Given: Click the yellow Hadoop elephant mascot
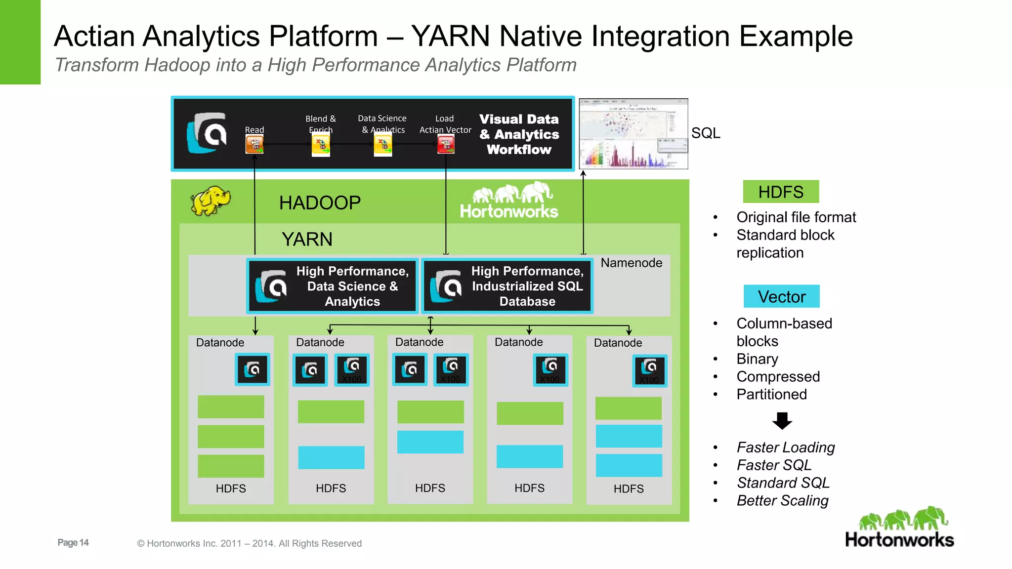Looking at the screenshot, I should click(211, 201).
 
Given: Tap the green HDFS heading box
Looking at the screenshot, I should click(781, 192).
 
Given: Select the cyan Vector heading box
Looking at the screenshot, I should click(781, 296).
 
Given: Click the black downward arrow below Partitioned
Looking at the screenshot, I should click(782, 421).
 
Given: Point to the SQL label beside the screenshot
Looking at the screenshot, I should click(705, 133).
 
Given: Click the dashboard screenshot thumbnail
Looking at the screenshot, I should click(633, 134).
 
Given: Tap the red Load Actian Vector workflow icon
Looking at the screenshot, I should click(446, 145).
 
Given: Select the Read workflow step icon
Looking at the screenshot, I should click(254, 145).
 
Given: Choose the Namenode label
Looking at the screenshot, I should click(631, 263).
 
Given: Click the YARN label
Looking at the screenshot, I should click(307, 239).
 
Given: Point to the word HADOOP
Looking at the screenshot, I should click(320, 203).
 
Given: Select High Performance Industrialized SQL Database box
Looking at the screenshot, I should click(507, 286).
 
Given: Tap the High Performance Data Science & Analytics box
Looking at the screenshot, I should click(332, 286).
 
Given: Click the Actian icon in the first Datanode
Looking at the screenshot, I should click(253, 369).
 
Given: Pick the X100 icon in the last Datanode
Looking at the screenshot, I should click(650, 370).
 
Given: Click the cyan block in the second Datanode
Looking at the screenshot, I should click(331, 457).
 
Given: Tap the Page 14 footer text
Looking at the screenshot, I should click(73, 542).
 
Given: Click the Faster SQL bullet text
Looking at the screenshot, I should click(774, 465).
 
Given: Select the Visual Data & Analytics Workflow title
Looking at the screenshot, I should click(519, 134).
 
